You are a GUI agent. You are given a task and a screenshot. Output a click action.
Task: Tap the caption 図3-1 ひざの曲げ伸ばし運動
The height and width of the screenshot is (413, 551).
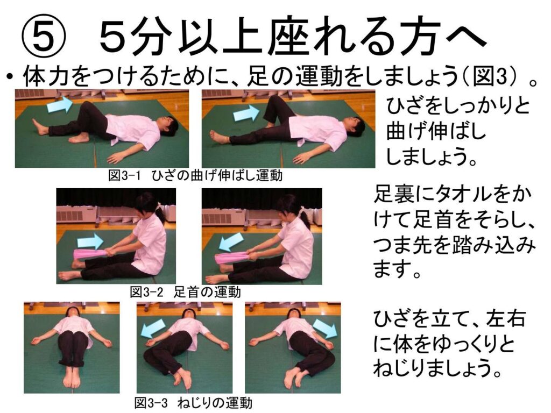coord(195,175)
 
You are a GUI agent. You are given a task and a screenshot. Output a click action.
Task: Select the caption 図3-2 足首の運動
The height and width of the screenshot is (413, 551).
coord(186,292)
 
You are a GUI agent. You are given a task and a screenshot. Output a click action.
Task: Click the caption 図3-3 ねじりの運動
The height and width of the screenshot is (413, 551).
coord(193,402)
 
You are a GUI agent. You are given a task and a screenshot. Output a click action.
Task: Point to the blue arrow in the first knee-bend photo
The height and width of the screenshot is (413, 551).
coord(59,105)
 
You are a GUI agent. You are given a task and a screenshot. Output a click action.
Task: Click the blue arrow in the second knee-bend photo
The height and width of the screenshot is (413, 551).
coord(246,113)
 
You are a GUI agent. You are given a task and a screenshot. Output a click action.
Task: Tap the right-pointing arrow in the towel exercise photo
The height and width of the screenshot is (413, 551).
coord(90,242)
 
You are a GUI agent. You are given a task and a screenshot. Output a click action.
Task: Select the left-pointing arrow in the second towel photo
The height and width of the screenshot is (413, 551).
coord(231,243)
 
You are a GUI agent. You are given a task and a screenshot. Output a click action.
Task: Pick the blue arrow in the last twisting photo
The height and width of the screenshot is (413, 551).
coord(324,328)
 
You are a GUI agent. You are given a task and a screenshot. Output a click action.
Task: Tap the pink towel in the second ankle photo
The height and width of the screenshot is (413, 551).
coord(232,258)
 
